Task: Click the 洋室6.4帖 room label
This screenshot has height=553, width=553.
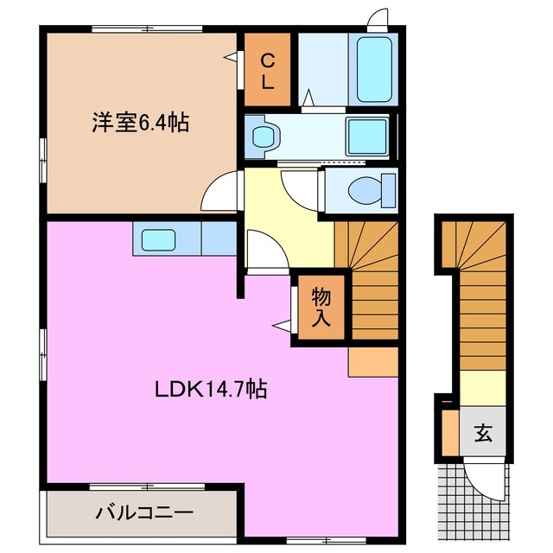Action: point(141,122)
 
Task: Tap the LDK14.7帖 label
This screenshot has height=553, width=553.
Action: point(211,389)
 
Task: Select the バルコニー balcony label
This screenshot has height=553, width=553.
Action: point(143,512)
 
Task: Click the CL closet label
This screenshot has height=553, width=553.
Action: point(269,73)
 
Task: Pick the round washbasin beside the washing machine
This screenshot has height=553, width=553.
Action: point(264,137)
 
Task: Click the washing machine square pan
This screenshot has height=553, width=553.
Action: point(368,137)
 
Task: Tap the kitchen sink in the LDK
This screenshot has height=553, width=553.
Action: point(157,239)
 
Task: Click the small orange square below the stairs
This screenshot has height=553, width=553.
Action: point(372,362)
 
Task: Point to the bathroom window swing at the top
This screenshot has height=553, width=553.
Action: point(377,20)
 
